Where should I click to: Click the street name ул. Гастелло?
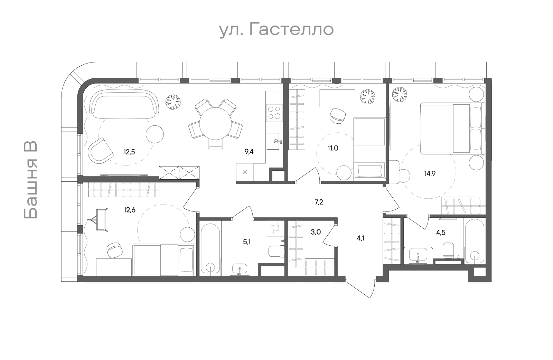click(x=276, y=30)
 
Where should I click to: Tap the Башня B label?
click(x=31, y=180)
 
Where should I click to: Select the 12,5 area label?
click(x=129, y=152)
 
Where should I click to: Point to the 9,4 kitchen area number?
click(x=249, y=152)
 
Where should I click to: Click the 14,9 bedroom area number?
click(x=430, y=173)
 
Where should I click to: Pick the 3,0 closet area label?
click(x=316, y=232)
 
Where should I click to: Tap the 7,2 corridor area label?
click(x=319, y=202)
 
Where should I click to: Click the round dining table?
click(x=215, y=124)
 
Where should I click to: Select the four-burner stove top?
click(x=274, y=113)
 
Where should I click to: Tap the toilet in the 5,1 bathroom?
click(x=276, y=251)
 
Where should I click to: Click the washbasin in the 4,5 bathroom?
click(x=418, y=255)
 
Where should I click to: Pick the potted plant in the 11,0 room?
click(x=368, y=97)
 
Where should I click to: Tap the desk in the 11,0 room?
click(x=337, y=98)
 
